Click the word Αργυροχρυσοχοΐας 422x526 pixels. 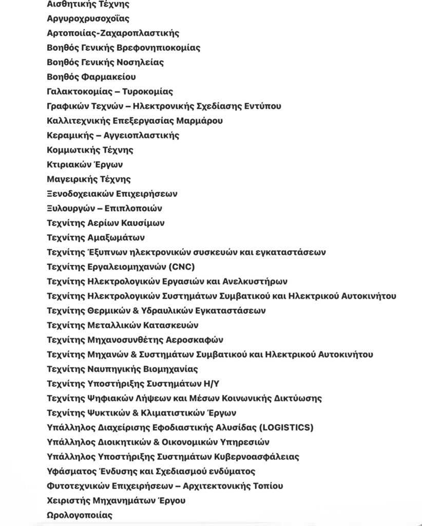point(88,18)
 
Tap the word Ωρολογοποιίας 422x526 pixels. point(80,515)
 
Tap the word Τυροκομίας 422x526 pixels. point(147,91)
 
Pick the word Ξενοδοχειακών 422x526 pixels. point(79,194)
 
